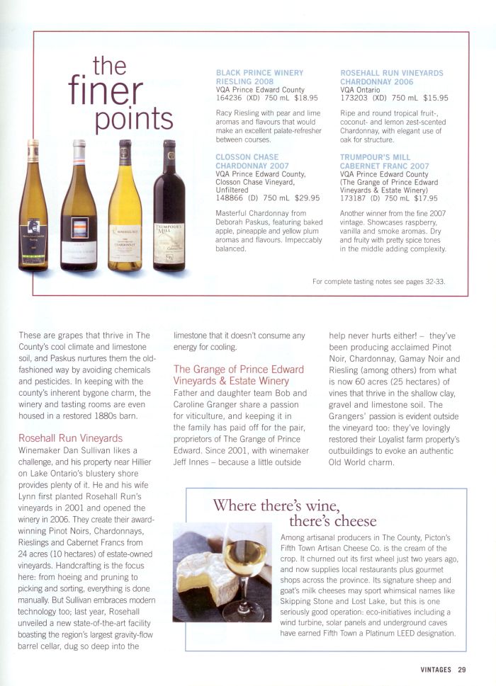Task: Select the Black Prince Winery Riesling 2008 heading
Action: (x=259, y=77)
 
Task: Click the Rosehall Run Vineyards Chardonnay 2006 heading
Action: (x=392, y=77)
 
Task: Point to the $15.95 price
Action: (x=435, y=98)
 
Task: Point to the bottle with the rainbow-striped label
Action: (x=79, y=212)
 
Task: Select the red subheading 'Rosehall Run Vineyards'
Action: (x=70, y=439)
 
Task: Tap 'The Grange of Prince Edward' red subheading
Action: (x=239, y=375)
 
